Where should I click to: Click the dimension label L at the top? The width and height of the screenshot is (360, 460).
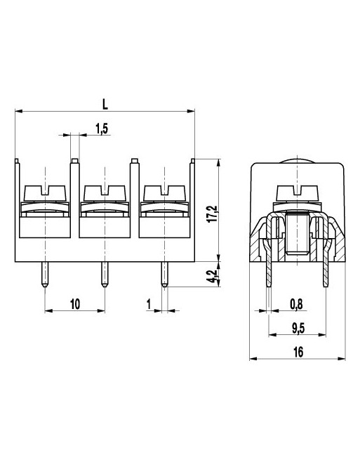click(105, 103)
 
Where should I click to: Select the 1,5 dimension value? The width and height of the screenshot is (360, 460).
click(101, 128)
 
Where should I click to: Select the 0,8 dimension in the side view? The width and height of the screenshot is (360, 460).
click(296, 303)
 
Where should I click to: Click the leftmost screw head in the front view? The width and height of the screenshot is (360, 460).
click(45, 191)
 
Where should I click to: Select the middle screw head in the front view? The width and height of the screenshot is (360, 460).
click(105, 191)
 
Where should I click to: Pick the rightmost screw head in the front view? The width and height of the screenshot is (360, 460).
click(164, 191)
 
